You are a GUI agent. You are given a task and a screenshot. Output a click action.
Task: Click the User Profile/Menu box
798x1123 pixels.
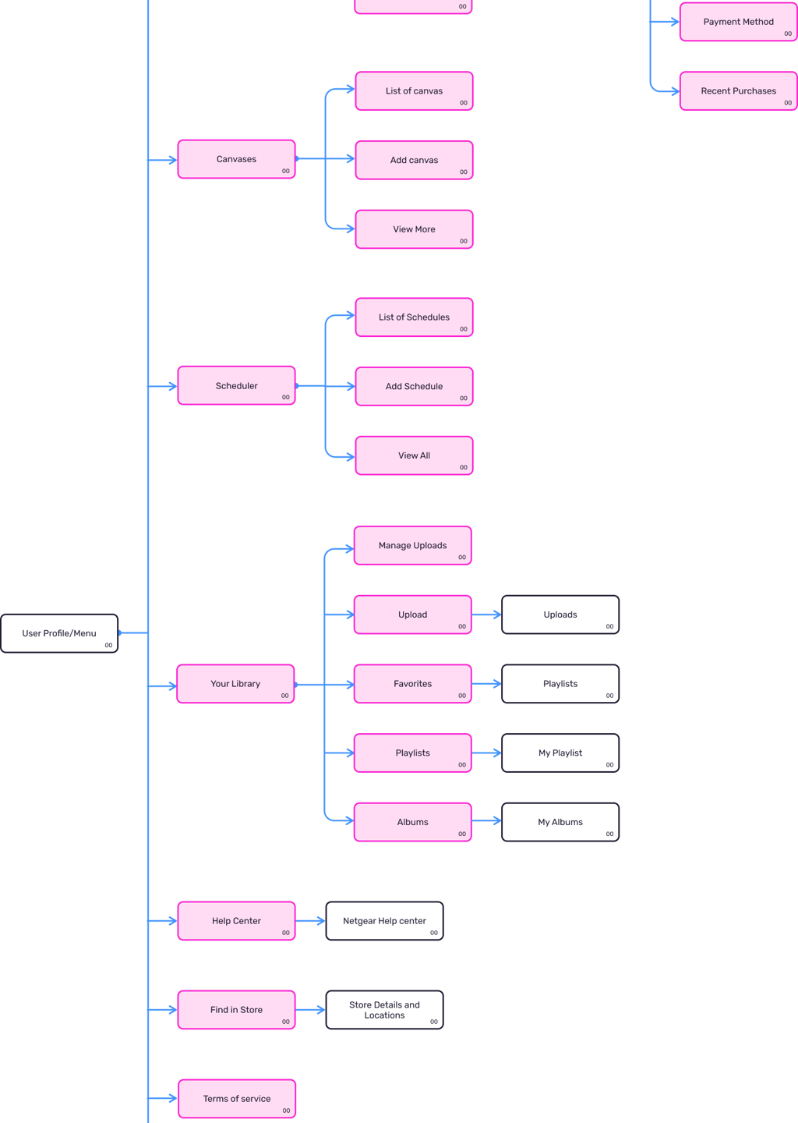click(x=59, y=633)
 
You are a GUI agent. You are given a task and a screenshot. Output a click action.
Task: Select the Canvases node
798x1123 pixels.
click(x=236, y=159)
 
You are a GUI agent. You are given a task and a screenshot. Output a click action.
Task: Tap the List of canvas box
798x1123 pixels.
click(x=415, y=90)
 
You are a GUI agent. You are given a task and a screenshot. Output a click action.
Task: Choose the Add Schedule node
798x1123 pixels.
click(x=415, y=386)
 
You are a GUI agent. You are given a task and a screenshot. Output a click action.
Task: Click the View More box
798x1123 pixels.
click(x=415, y=229)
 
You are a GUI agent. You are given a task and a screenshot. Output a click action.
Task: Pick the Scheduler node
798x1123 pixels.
click(x=236, y=385)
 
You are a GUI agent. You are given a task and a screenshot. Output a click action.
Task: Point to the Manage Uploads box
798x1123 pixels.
click(x=413, y=545)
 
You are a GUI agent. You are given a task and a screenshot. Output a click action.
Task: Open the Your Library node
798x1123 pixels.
click(x=235, y=684)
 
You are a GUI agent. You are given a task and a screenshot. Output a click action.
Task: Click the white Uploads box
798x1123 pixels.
click(x=560, y=615)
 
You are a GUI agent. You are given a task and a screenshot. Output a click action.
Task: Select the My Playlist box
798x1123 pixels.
click(x=560, y=753)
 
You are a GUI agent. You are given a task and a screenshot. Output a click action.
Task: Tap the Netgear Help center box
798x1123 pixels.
click(x=385, y=921)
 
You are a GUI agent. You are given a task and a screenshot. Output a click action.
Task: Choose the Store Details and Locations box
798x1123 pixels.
click(x=385, y=1010)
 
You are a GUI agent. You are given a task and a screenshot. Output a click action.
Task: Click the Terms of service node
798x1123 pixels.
click(x=237, y=1098)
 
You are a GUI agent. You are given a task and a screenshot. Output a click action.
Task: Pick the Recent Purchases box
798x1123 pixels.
click(x=739, y=90)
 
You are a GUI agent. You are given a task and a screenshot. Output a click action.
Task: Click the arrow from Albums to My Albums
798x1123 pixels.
click(x=487, y=820)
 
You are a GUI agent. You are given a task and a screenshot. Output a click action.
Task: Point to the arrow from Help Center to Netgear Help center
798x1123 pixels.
click(x=311, y=920)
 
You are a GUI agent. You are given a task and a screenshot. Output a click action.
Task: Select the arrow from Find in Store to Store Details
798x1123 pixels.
click(x=311, y=1009)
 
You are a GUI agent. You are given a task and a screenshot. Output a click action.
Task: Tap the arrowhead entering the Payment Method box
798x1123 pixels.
click(x=676, y=22)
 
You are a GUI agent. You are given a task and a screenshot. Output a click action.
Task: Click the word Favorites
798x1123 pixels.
click(x=413, y=684)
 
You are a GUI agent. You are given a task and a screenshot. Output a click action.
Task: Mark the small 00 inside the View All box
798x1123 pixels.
click(x=464, y=467)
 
